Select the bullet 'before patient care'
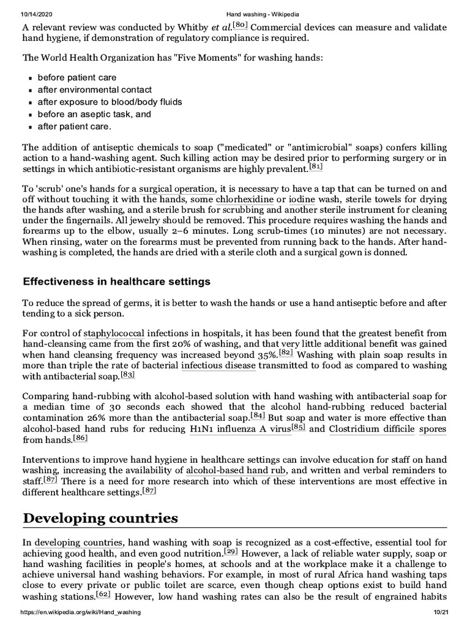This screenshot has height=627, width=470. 76,78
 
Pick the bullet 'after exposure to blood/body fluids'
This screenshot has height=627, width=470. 110,102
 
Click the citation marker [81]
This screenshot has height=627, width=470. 316,167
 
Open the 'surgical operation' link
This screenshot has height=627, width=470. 177,189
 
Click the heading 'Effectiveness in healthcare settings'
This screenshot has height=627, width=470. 116,282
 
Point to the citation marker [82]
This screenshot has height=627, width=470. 286,353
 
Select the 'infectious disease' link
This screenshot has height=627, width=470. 218,366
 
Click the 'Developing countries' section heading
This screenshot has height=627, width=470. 100,518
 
